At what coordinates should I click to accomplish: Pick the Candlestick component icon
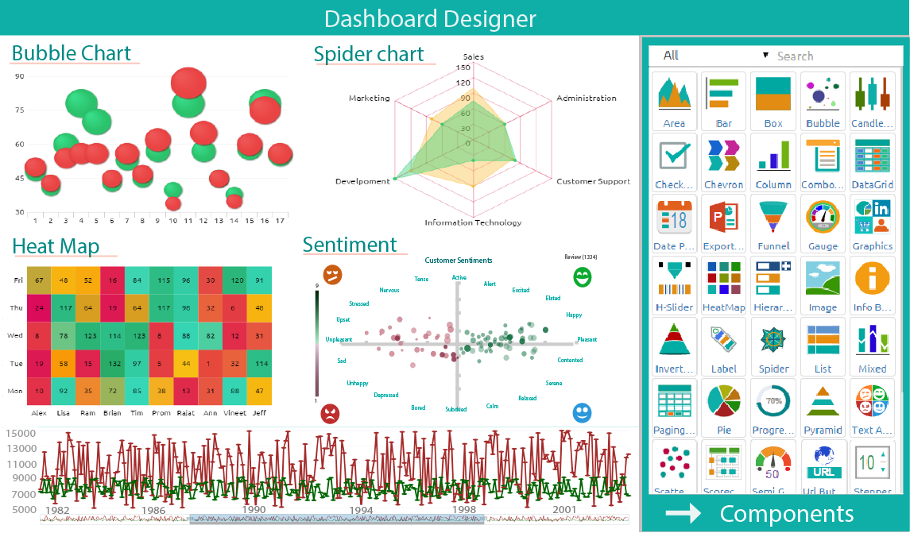pyautogui.click(x=872, y=94)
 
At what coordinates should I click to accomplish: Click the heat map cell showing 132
pyautogui.click(x=114, y=363)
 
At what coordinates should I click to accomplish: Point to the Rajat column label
pyautogui.click(x=185, y=412)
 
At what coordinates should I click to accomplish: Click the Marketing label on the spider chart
pyautogui.click(x=369, y=98)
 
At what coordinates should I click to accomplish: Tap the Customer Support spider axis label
pyautogui.click(x=593, y=181)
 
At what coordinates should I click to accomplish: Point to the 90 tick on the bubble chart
pyautogui.click(x=19, y=76)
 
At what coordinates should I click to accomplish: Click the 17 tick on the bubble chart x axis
pyautogui.click(x=281, y=220)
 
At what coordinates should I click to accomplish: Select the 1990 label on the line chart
pyautogui.click(x=254, y=509)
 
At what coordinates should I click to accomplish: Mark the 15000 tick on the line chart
pyautogui.click(x=21, y=434)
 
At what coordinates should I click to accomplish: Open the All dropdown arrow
pyautogui.click(x=765, y=56)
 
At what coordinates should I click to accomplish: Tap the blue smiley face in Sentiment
pyautogui.click(x=583, y=413)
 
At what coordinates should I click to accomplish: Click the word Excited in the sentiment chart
pyautogui.click(x=521, y=290)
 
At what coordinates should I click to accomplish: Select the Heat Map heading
pyautogui.click(x=56, y=246)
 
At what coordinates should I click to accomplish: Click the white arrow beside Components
pyautogui.click(x=683, y=513)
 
